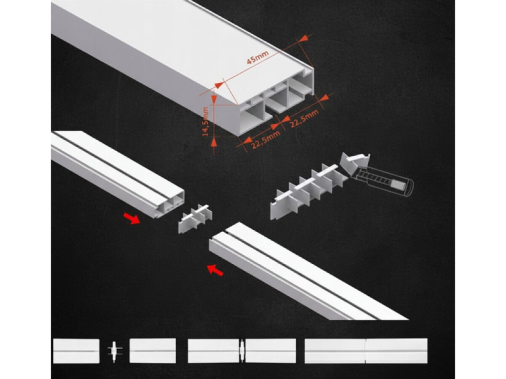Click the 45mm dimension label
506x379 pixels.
(258, 58)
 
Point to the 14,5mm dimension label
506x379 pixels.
(205, 121)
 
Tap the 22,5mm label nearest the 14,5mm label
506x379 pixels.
(266, 140)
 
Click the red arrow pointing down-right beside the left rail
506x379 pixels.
(132, 218)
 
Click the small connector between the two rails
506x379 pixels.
(196, 219)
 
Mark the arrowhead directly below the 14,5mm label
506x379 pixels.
(214, 143)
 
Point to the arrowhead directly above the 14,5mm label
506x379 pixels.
(214, 99)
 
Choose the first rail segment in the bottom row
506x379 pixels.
(76, 351)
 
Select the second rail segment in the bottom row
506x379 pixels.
(153, 351)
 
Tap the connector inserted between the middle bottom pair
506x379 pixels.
(242, 351)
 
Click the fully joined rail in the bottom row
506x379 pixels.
(366, 351)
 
